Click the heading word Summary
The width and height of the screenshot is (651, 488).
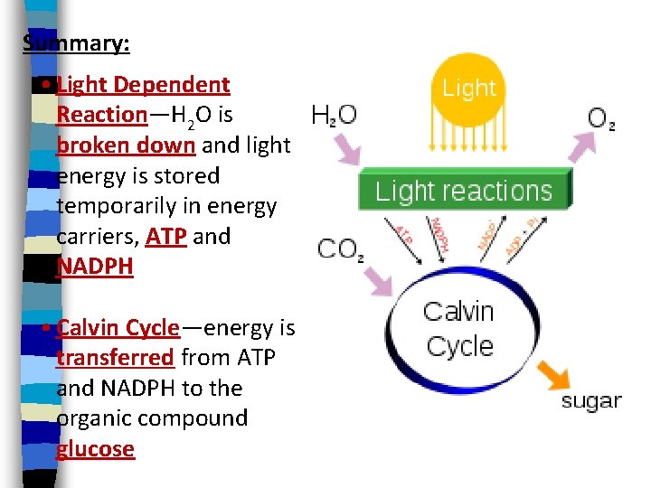pyautogui.click(x=76, y=44)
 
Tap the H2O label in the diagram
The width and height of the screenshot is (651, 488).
pyautogui.click(x=334, y=116)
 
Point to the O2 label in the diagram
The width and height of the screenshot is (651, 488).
pyautogui.click(x=601, y=118)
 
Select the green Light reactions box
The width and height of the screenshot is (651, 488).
pyautogui.click(x=464, y=191)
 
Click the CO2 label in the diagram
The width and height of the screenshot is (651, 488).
pyautogui.click(x=338, y=249)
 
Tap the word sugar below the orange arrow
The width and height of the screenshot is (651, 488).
pyautogui.click(x=591, y=400)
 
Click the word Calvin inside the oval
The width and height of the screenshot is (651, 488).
pyautogui.click(x=458, y=312)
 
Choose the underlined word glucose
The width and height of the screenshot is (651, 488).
pyautogui.click(x=95, y=449)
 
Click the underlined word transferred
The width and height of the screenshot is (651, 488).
pyautogui.click(x=115, y=357)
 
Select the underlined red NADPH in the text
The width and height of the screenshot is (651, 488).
pyautogui.click(x=94, y=267)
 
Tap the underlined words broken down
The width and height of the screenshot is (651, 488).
pyautogui.click(x=126, y=145)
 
